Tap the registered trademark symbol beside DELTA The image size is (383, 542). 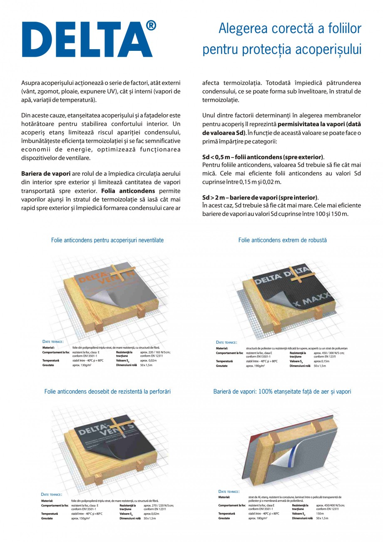click(x=151, y=26)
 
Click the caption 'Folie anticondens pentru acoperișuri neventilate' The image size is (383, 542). click(x=107, y=240)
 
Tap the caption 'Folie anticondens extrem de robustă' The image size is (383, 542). click(x=282, y=240)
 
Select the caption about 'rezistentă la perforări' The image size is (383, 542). click(x=107, y=392)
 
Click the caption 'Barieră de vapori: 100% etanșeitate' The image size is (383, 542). click(x=282, y=392)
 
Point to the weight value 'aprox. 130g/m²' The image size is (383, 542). click(x=82, y=365)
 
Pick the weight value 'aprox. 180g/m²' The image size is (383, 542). click(x=258, y=518)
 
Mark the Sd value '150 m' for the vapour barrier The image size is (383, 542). click(x=320, y=514)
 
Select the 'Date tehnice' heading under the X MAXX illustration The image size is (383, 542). click(x=226, y=342)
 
